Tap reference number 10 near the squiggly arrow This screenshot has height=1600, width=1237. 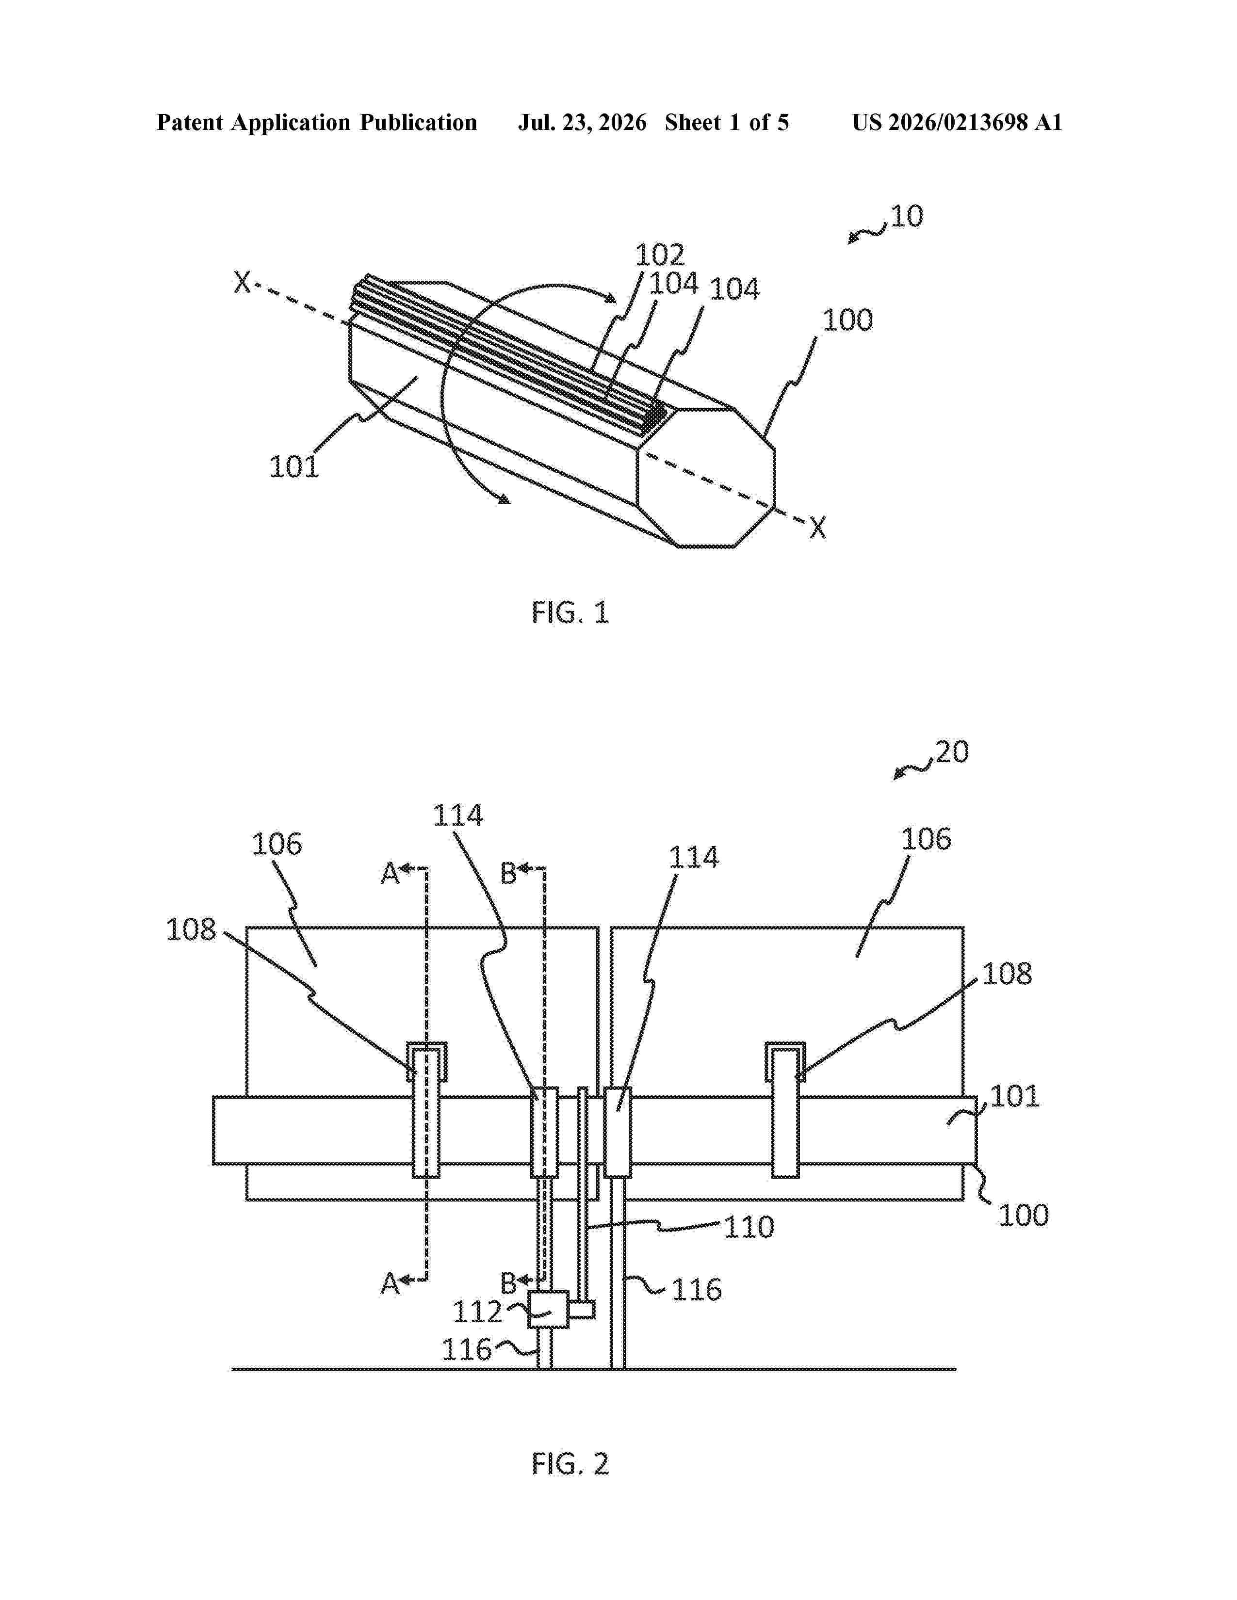pos(907,216)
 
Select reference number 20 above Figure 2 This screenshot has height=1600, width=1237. pos(952,752)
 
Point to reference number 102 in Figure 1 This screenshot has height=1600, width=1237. pos(660,255)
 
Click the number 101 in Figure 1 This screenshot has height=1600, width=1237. pos(294,466)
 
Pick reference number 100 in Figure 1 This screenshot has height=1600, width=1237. pos(848,320)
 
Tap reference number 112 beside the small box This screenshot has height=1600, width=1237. pos(477,1312)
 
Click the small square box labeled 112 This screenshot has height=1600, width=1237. pos(549,1309)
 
